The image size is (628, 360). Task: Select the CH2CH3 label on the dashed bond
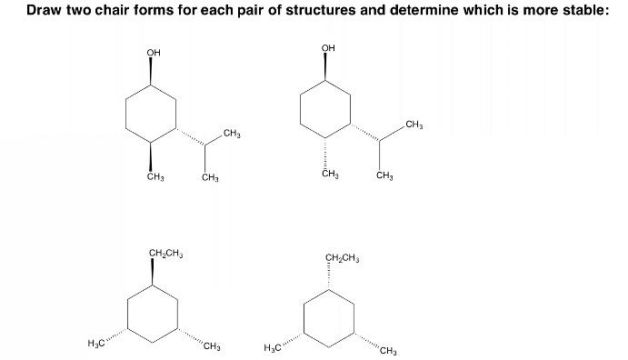342,257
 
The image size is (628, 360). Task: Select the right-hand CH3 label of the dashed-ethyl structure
389,350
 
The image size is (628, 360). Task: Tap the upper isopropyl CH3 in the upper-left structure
231,135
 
